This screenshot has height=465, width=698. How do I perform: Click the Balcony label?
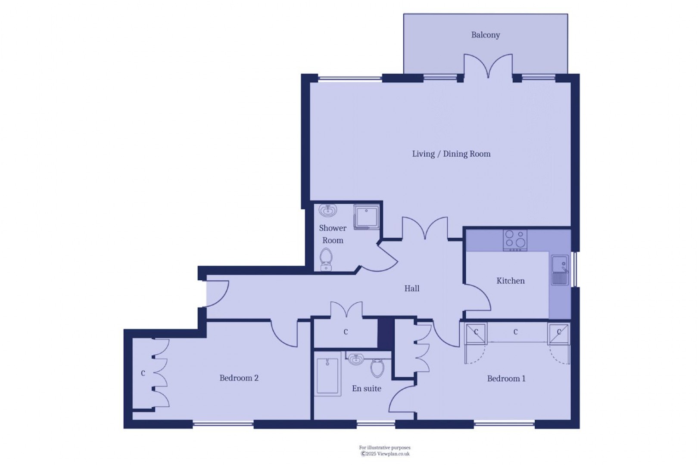coord(486,35)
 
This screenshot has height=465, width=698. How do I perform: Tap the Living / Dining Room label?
coord(451,154)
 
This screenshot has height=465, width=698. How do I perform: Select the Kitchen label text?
coord(511,281)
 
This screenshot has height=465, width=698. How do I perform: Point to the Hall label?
coord(411,288)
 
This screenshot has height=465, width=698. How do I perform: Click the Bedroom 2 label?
coord(239,378)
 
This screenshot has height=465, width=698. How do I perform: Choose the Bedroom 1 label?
coord(506,378)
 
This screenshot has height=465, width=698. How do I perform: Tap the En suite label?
coord(366,388)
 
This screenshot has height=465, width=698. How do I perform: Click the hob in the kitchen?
coord(515,240)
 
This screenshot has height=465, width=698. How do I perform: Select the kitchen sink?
coord(560,270)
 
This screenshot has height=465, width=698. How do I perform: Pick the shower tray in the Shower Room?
coord(366,217)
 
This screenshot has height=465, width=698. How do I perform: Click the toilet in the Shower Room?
coord(326,260)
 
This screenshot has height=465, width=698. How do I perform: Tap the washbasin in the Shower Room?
coord(328,211)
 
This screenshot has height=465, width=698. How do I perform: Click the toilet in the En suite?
coord(377,368)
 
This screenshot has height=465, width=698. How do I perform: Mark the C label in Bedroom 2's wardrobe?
coord(143,373)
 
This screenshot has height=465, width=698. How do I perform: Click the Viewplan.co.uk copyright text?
coord(385,454)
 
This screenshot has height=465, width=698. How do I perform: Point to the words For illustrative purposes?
coord(385,447)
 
